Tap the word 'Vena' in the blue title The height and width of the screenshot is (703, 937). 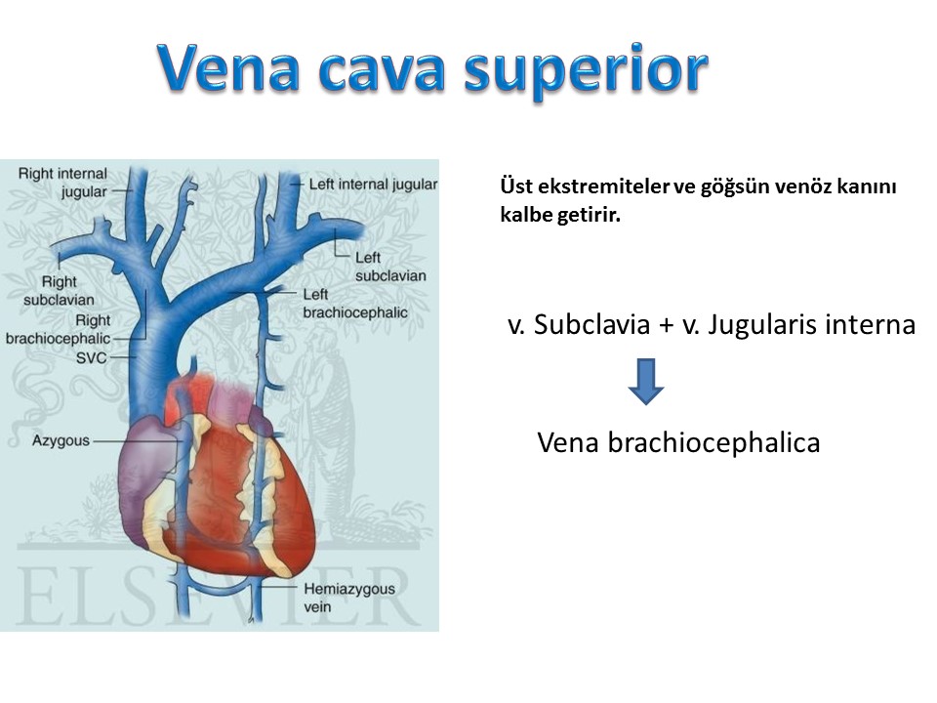(x=229, y=67)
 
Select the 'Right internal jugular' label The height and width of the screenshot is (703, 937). (x=62, y=183)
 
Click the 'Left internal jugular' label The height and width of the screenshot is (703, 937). (x=373, y=185)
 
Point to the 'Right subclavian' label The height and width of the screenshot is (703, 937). (x=59, y=291)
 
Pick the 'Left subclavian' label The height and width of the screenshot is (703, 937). (x=390, y=267)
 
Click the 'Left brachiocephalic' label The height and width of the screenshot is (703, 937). (x=355, y=303)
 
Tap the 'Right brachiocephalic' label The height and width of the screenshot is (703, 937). (x=58, y=329)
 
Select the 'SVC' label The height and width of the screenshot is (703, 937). (x=92, y=358)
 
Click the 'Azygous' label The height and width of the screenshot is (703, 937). (x=61, y=440)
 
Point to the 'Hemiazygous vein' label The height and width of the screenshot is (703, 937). (x=349, y=598)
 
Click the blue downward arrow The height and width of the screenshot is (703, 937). (x=646, y=382)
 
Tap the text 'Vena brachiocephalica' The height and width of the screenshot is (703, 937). (x=678, y=443)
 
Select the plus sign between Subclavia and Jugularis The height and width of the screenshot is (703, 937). (x=667, y=325)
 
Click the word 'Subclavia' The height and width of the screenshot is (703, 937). (x=591, y=324)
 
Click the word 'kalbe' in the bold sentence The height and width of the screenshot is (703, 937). (x=526, y=214)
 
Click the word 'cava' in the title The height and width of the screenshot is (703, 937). (x=382, y=71)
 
